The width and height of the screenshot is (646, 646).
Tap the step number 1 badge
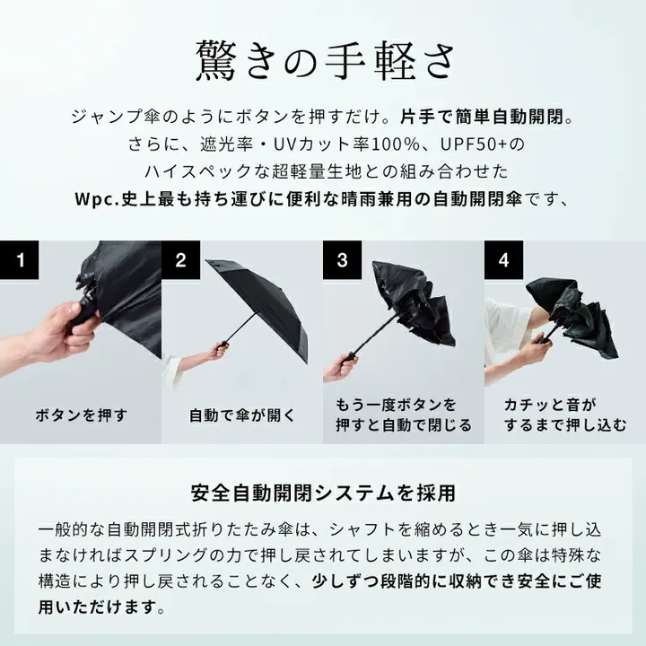[x=20, y=261]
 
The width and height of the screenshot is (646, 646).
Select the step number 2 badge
[x=181, y=261]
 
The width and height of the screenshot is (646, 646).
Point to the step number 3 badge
[x=343, y=261]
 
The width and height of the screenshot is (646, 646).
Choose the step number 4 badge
[x=504, y=261]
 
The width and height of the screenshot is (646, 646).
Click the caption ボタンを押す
[x=81, y=415]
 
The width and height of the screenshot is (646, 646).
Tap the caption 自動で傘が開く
[x=242, y=415]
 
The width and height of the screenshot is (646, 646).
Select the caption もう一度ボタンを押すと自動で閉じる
[x=403, y=415]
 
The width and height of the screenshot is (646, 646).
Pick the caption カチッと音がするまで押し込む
[x=565, y=415]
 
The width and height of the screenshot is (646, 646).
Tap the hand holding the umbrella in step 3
[x=343, y=365]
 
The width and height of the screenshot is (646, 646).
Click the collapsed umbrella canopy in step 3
[x=408, y=310]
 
